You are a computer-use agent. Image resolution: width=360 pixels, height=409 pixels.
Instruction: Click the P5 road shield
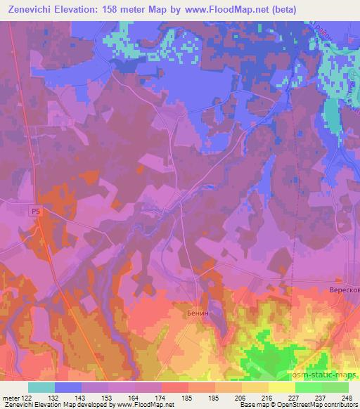37,209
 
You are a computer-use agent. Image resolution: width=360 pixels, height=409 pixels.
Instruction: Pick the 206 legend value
240,398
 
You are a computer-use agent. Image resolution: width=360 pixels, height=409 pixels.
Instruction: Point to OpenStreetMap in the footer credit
298,405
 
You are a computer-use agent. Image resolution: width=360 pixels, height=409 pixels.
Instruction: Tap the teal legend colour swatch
41,387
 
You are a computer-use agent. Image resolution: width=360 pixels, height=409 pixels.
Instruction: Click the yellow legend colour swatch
281,387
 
